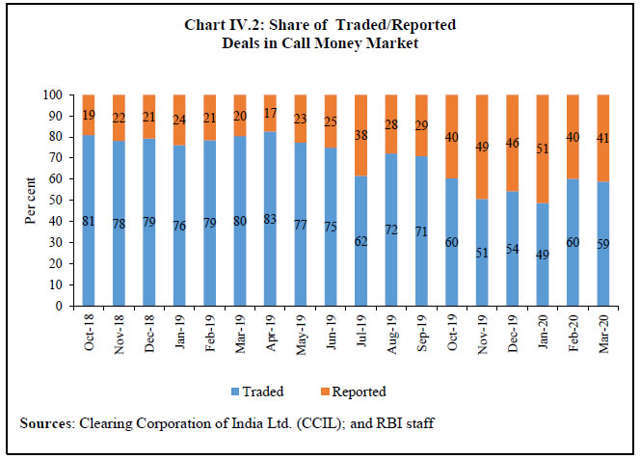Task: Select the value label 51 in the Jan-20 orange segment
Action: pyautogui.click(x=541, y=148)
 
